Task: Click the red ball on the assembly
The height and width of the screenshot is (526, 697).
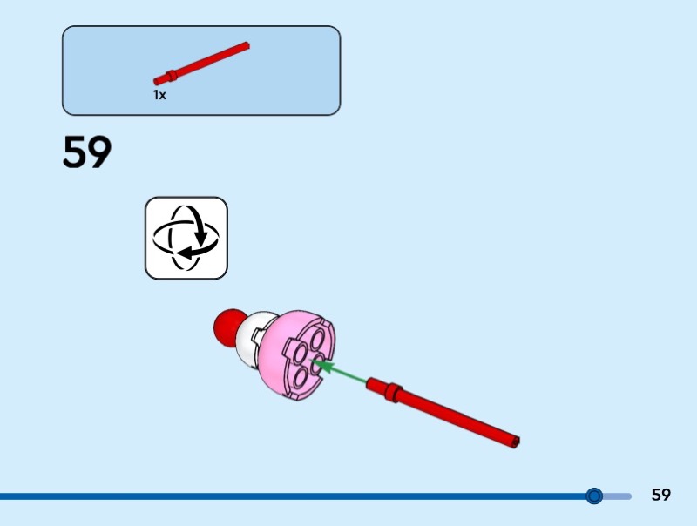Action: [x=228, y=326]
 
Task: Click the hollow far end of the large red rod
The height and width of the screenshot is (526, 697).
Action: [x=516, y=442]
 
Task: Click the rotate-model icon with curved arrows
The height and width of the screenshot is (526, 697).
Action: [x=186, y=238]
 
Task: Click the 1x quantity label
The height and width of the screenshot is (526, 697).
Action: [x=159, y=95]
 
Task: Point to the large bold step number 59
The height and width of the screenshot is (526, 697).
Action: [x=87, y=153]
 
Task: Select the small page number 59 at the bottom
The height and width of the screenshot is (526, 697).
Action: [x=661, y=496]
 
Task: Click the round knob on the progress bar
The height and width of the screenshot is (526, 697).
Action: [x=594, y=496]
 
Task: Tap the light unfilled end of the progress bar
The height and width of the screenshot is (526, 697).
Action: [x=619, y=496]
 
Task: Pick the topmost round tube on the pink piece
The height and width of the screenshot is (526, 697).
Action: [x=315, y=342]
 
